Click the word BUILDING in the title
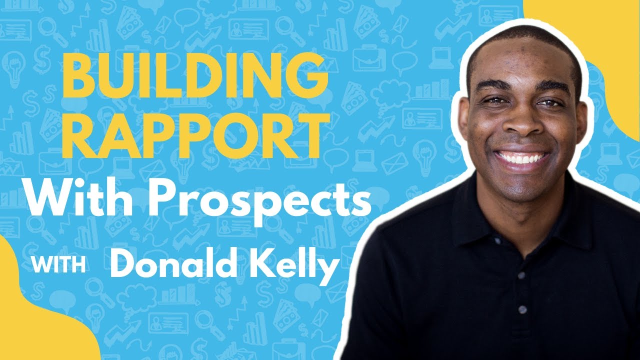194,78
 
